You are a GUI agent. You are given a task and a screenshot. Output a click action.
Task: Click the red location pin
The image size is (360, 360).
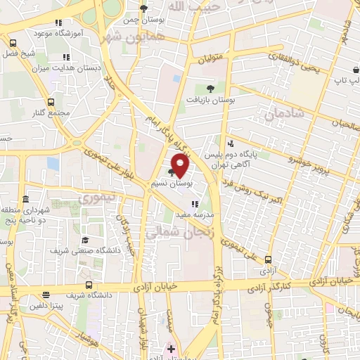click(181, 166)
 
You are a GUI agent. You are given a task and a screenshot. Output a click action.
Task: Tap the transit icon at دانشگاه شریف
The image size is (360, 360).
click(89, 285)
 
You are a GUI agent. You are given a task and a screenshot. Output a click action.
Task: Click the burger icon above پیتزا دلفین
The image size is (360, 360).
click(46, 295)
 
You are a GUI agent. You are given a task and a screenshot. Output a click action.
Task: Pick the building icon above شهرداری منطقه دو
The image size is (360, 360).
click(25, 199)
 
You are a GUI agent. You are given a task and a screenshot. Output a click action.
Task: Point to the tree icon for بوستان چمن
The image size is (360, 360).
click(143, 9)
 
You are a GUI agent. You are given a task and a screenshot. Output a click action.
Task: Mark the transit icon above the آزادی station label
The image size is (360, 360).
click(268, 259)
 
